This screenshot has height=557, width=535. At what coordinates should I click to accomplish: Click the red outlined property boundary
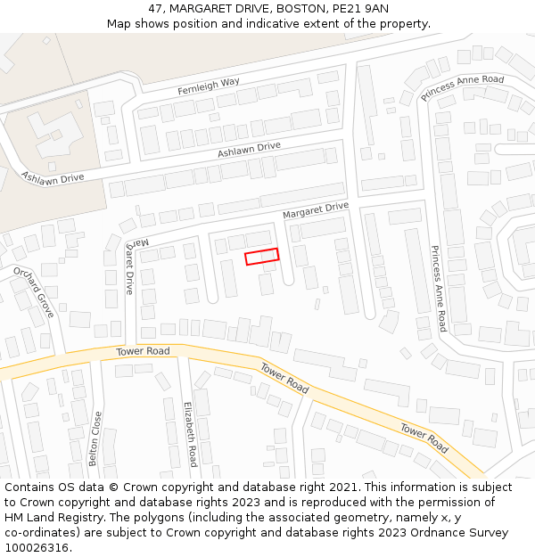point(262,257)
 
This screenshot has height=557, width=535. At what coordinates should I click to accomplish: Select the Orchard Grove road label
point(33,291)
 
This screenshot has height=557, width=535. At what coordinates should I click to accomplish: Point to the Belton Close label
point(95,438)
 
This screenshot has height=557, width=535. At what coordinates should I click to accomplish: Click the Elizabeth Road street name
point(190,434)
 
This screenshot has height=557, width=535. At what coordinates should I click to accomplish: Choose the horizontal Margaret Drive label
point(315,210)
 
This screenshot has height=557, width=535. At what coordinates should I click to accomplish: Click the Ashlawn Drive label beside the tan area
point(53,177)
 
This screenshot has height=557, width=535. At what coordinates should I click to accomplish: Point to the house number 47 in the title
point(155,9)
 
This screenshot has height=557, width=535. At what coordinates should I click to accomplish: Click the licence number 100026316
point(37,548)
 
